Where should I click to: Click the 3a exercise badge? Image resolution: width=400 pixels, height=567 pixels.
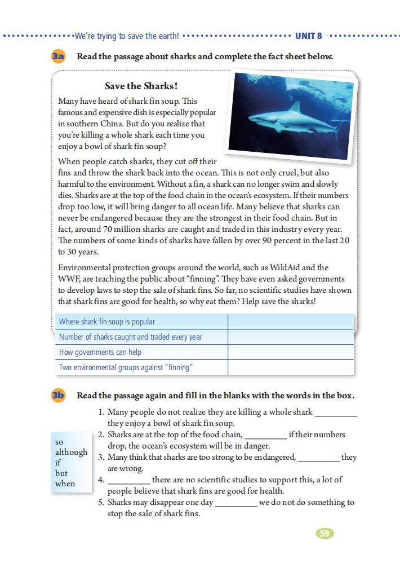pos(58,56)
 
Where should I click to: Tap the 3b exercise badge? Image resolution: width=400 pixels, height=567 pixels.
pos(58,395)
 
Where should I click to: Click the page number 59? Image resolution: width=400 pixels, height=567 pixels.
pos(325,533)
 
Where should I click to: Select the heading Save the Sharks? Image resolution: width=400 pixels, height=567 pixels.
pos(141,86)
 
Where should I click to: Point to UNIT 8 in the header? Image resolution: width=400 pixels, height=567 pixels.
pos(309,36)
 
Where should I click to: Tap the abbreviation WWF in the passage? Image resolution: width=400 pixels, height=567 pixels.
pos(67,279)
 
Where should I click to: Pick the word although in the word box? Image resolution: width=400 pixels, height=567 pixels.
pos(71,452)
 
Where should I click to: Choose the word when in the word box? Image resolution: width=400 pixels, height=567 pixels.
pos(65,484)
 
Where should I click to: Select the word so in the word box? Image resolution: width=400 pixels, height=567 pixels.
pos(59,441)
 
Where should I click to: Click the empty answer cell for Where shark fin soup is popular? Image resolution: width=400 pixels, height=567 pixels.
pos(291,322)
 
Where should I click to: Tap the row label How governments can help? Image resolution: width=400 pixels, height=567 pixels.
pos(100,352)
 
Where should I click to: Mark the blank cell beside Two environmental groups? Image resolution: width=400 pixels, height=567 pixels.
pos(291,367)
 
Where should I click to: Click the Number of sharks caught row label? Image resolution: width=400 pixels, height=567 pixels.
pos(130,337)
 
